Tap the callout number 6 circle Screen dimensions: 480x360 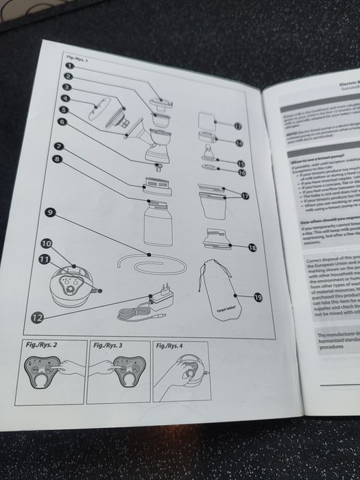tap(62, 121)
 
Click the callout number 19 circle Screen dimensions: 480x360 tap(258, 298)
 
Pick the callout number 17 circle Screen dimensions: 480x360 tap(245, 195)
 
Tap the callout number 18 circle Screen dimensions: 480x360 tap(252, 247)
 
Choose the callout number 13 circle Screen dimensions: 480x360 tap(238, 126)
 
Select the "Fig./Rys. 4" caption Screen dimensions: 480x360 tap(169, 345)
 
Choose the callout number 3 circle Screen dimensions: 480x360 tap(66, 88)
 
